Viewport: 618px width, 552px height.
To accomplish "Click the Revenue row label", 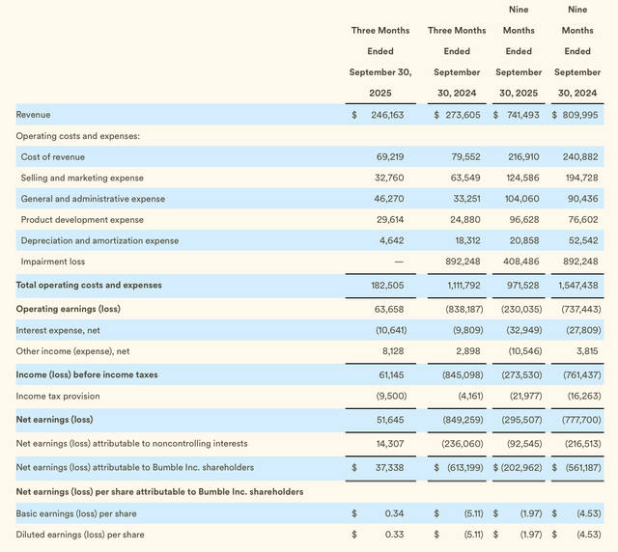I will [x=34, y=115].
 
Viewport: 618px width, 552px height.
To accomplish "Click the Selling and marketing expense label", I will [x=82, y=179].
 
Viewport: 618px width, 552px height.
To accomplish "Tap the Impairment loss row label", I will [x=53, y=262].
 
